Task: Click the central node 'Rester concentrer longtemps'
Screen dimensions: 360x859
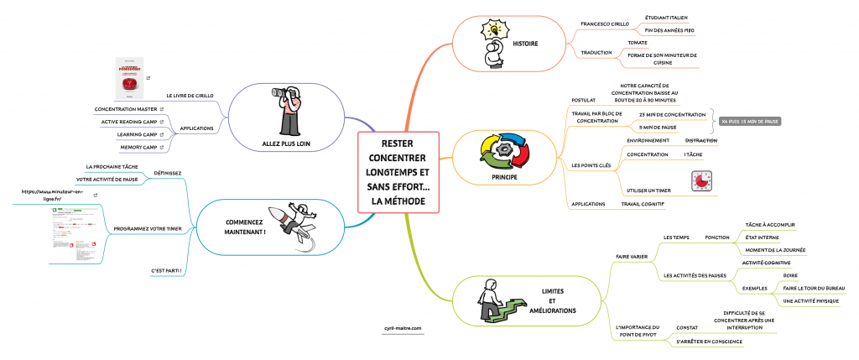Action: (398, 174)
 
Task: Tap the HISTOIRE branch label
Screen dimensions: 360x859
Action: (525, 44)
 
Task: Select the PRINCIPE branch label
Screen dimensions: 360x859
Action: (504, 178)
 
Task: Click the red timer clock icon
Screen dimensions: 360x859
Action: (699, 181)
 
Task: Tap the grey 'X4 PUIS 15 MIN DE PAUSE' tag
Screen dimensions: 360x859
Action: (750, 121)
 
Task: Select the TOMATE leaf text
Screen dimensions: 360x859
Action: (638, 41)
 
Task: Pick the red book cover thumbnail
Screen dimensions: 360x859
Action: (128, 83)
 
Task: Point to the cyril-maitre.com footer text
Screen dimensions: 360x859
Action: (403, 328)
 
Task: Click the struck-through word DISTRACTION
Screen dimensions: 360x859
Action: (700, 140)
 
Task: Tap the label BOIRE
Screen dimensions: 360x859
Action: (789, 274)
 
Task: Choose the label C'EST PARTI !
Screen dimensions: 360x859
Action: (166, 271)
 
